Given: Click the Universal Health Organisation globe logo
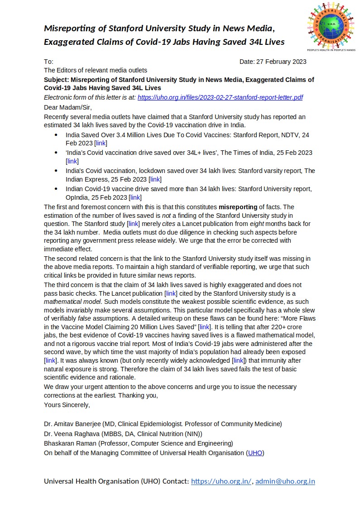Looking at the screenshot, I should click(331, 26).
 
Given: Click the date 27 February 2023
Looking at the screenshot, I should click(281, 62).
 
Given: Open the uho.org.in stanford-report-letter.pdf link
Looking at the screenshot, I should click(220, 97).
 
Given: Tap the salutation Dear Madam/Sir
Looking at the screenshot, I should click(67, 107).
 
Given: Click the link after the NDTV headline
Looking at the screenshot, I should click(101, 143).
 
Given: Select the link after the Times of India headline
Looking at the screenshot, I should click(72, 161).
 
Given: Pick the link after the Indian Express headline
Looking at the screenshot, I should click(155, 179).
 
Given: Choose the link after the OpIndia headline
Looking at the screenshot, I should click(135, 197).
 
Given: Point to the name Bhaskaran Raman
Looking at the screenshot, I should click(70, 443).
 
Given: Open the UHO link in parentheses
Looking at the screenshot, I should click(255, 452).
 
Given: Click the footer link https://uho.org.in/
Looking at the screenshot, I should click(221, 481).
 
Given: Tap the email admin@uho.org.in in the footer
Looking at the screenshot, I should click(285, 481).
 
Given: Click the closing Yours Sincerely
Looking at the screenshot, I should click(67, 405).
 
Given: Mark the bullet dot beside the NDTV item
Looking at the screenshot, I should click(56, 135).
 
